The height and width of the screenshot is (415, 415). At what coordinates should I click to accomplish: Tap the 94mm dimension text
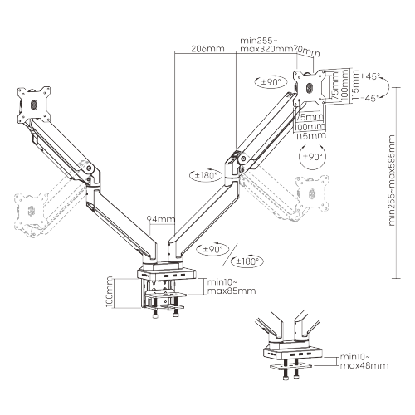(x=160, y=220)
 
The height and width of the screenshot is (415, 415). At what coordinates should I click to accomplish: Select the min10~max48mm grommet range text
(x=364, y=360)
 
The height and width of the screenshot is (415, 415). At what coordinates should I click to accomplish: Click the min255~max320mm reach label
(x=266, y=44)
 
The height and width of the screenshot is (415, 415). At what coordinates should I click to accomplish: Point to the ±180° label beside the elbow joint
(x=207, y=175)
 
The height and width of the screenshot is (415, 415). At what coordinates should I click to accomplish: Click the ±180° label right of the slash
(x=247, y=261)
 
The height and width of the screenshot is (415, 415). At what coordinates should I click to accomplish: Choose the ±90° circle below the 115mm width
(x=312, y=156)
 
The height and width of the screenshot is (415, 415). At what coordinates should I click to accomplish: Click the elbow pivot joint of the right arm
(x=241, y=159)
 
